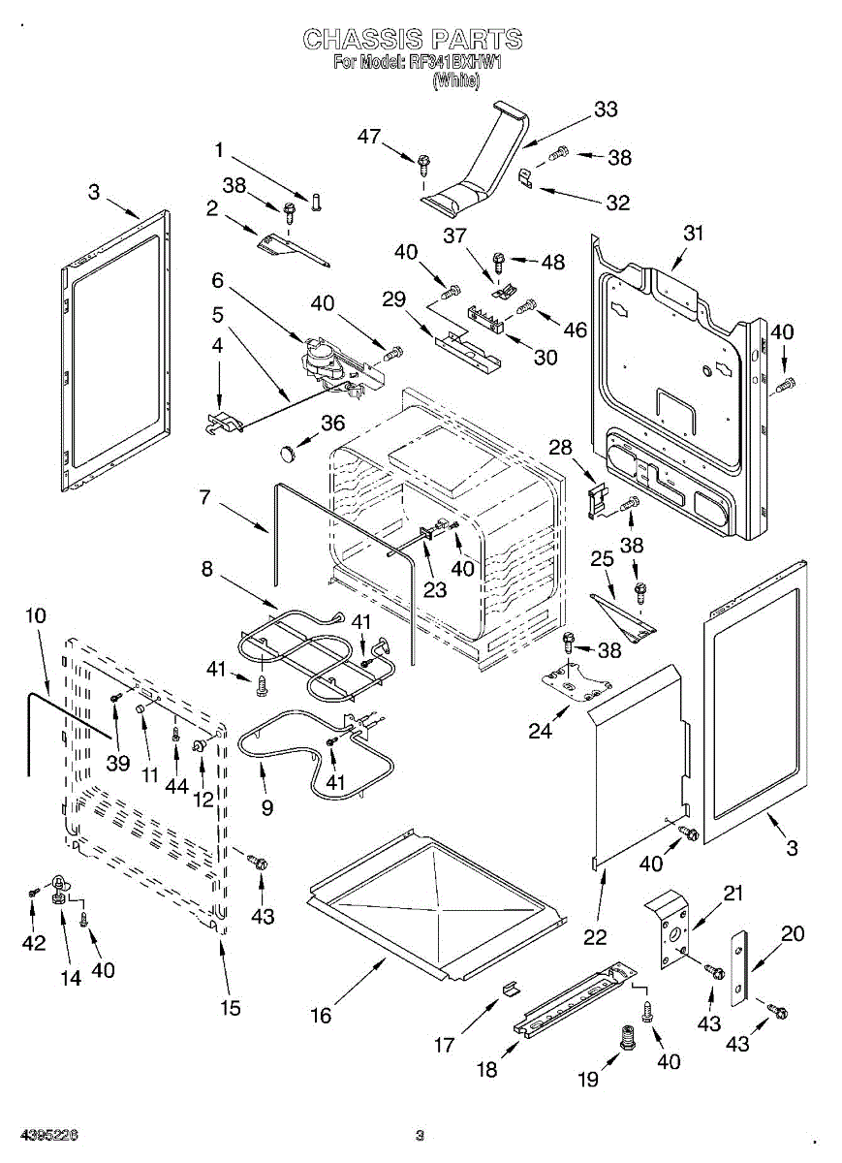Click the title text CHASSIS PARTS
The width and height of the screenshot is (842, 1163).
(x=413, y=40)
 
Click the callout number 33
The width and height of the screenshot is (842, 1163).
(x=606, y=110)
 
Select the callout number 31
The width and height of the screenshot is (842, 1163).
(x=693, y=233)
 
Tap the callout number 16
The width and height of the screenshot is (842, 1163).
(x=321, y=1015)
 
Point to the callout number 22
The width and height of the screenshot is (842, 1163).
(x=595, y=937)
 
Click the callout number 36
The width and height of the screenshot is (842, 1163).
(x=332, y=423)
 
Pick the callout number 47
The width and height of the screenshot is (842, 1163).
(x=369, y=137)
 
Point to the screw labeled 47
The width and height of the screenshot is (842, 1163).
(x=423, y=164)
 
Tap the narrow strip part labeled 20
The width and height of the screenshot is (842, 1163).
(x=739, y=966)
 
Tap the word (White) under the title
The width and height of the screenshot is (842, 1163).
(x=455, y=81)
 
